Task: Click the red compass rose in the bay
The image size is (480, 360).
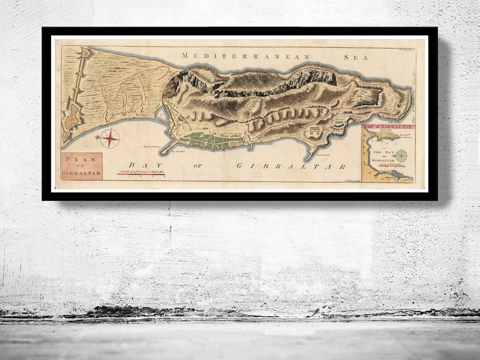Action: point(109,139)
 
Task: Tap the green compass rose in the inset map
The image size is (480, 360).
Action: point(401,156)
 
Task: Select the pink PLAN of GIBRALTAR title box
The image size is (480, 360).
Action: point(81,166)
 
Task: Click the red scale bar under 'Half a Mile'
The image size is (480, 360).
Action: point(141,174)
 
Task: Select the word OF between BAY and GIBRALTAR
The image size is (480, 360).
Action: point(198,166)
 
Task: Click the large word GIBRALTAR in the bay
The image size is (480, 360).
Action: point(291,166)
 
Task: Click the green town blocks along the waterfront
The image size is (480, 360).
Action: point(209,141)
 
